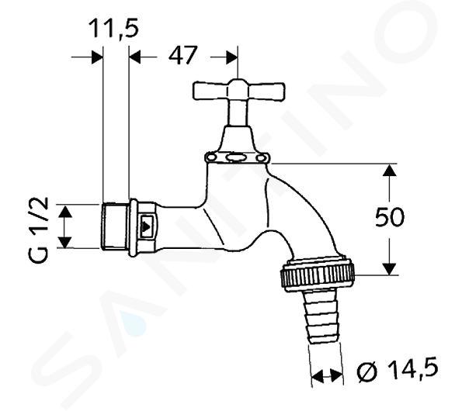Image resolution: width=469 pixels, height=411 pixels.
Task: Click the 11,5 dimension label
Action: (x=113, y=29)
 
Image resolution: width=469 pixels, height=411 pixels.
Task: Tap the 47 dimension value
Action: (x=183, y=55)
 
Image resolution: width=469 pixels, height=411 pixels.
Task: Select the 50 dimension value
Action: (x=390, y=217)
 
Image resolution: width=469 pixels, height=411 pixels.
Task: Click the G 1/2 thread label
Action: (x=39, y=230)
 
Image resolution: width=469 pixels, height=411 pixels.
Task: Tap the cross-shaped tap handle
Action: (x=238, y=90)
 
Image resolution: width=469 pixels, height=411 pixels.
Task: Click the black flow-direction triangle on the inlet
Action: (x=146, y=226)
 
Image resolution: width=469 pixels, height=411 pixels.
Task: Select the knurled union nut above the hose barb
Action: (x=318, y=274)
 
